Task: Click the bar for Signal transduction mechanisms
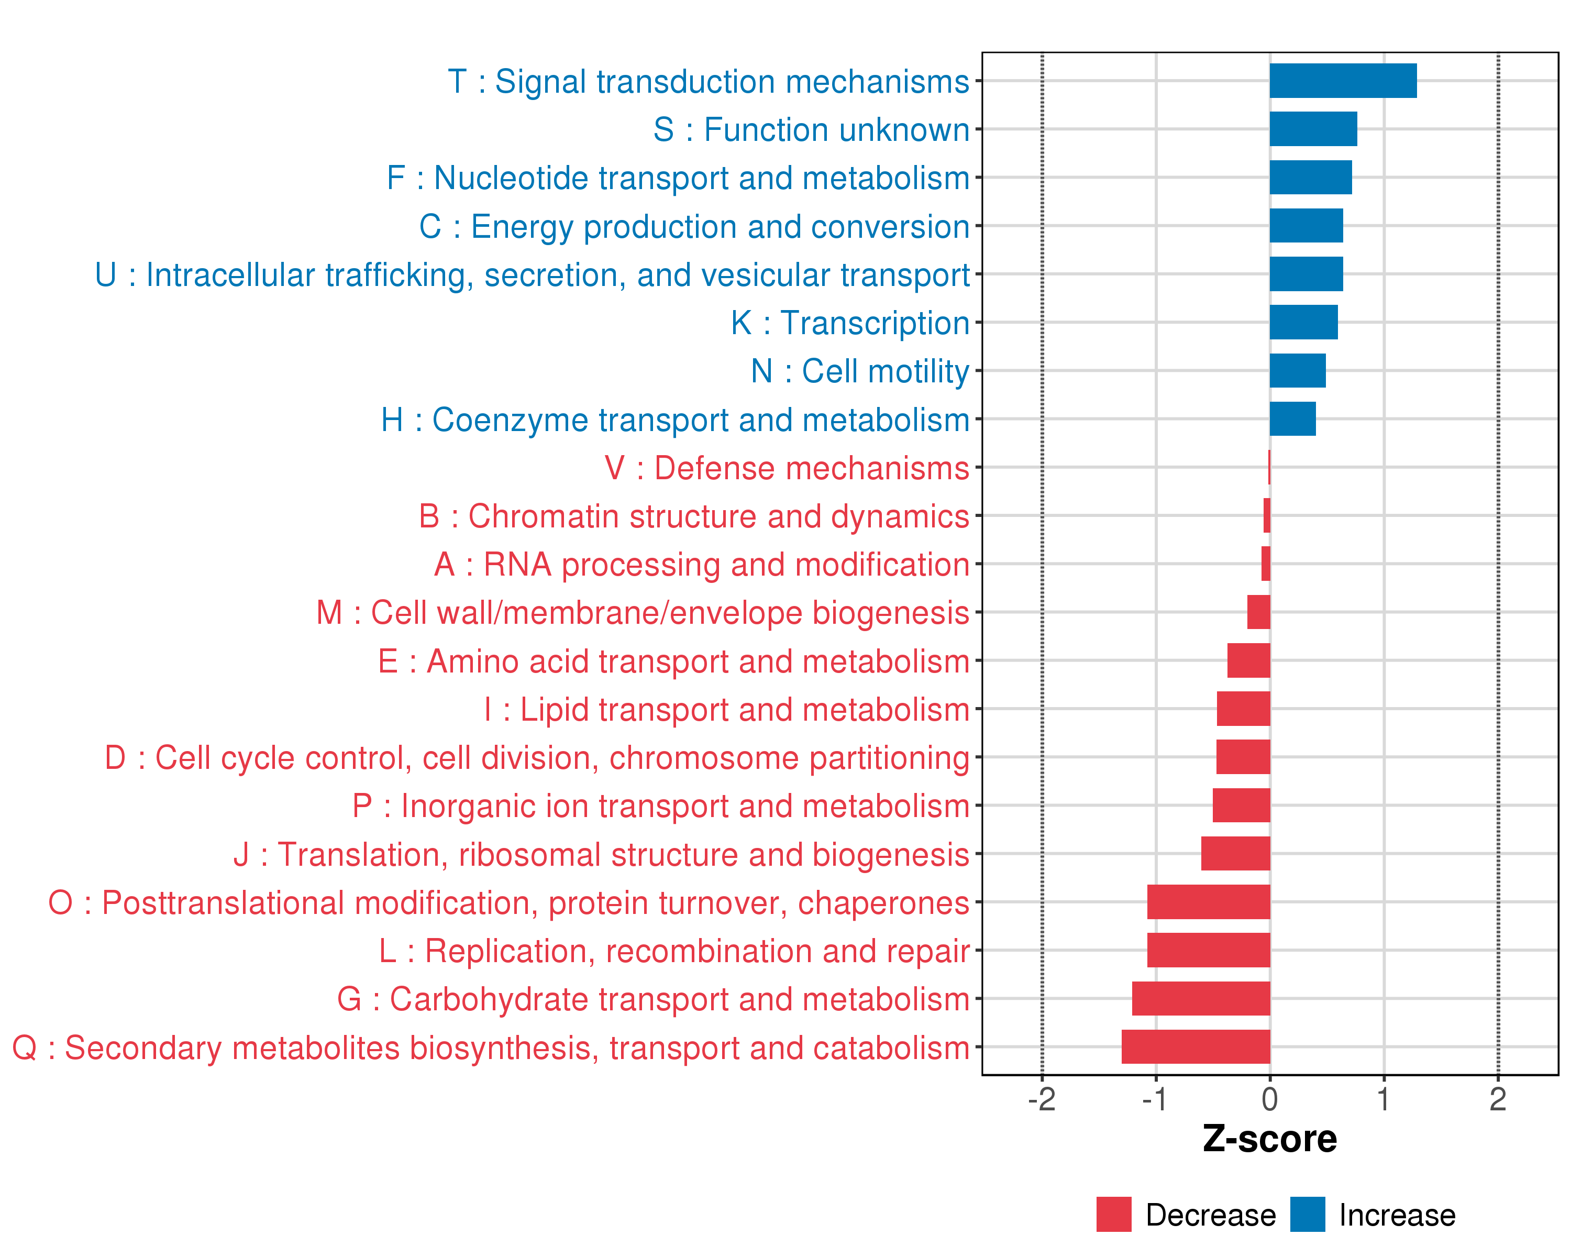[x=1342, y=81]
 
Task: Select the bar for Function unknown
[x=1312, y=129]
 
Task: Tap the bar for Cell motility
[x=1297, y=371]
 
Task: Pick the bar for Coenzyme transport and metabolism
[x=1292, y=419]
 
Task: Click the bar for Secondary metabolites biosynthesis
[x=1195, y=1046]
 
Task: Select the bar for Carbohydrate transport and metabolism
[x=1200, y=998]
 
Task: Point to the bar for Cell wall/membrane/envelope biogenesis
[x=1258, y=612]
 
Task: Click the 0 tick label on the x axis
[x=1269, y=1099]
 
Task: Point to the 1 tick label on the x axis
[x=1383, y=1099]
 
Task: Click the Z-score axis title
[x=1269, y=1139]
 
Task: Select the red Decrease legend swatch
[x=1113, y=1215]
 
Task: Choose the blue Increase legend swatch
[x=1307, y=1215]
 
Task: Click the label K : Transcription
[x=849, y=323]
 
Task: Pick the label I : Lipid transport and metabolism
[x=726, y=710]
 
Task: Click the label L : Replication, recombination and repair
[x=674, y=951]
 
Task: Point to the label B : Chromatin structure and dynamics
[x=694, y=516]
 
